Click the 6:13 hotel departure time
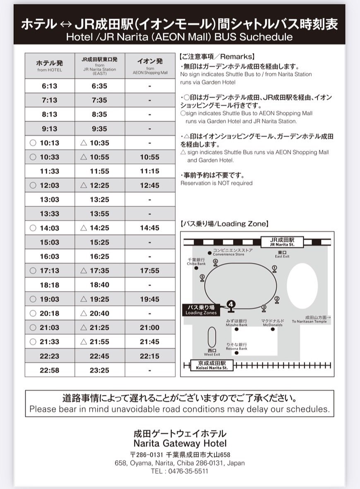point(50,86)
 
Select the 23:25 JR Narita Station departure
point(99,370)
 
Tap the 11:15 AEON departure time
point(150,171)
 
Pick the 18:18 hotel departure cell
point(50,285)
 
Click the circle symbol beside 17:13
point(33,271)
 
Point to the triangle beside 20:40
point(84,313)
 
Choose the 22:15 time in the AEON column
point(150,356)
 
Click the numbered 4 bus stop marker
point(230,306)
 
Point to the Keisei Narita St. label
point(212,365)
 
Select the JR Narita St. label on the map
point(282,242)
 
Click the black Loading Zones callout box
point(201,310)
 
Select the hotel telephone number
point(180,471)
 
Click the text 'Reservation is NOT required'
point(217,183)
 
